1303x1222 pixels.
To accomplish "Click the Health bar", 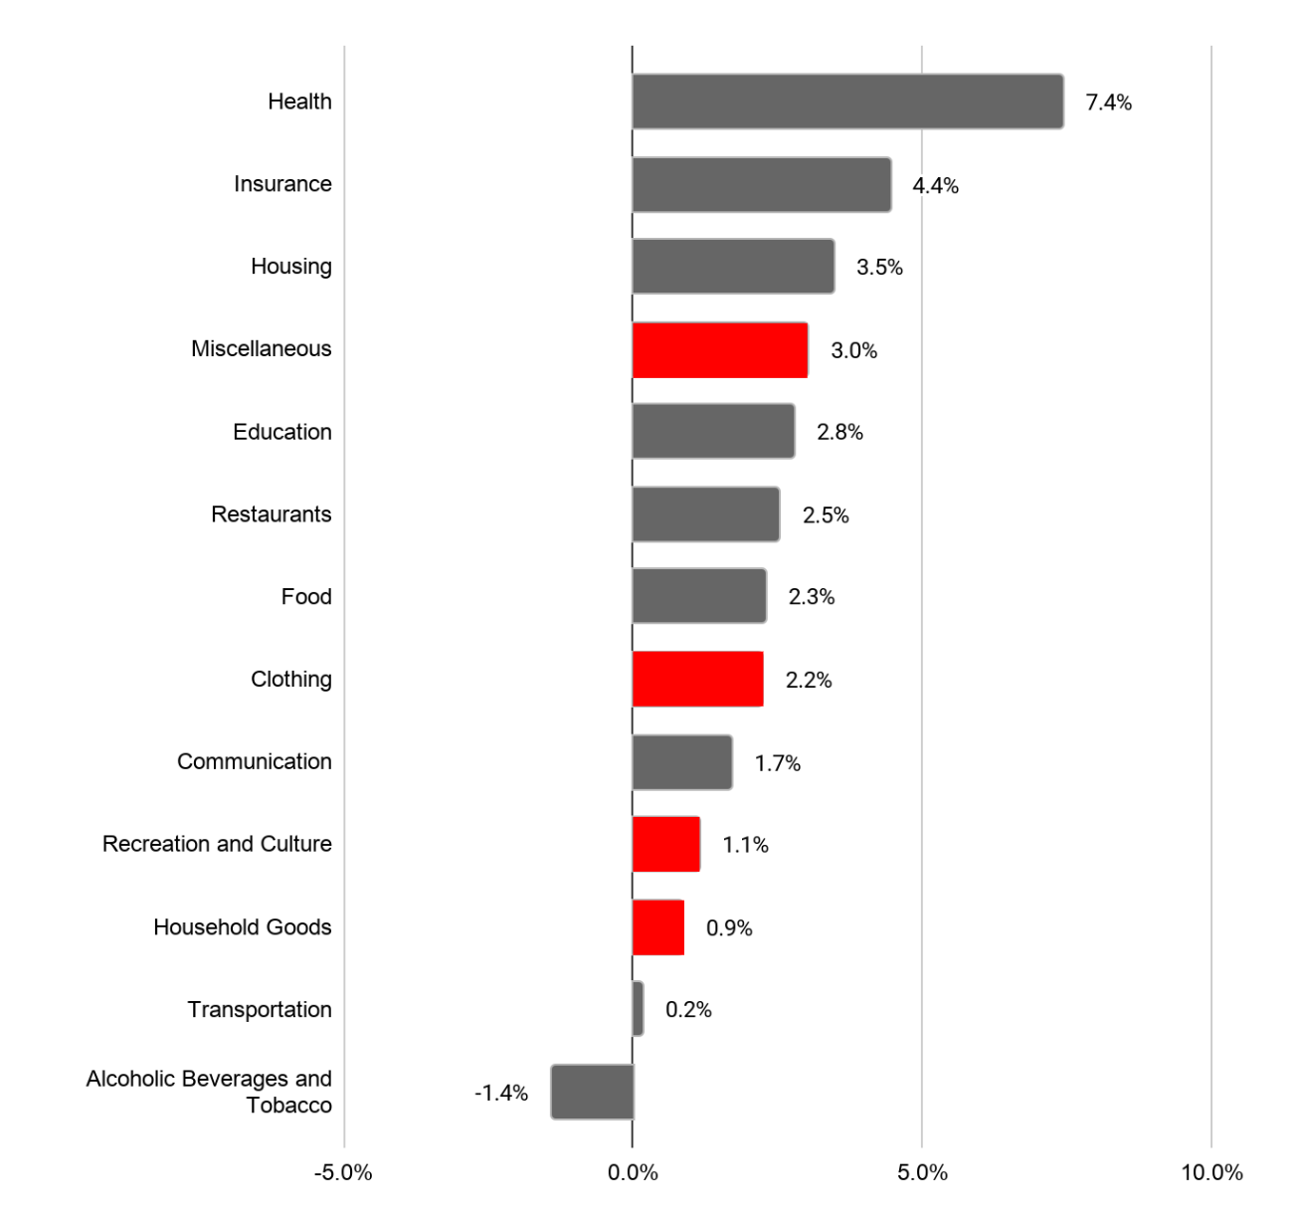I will point(847,102).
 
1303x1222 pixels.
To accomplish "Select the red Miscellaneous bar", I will point(720,350).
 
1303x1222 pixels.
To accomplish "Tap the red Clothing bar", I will point(698,680).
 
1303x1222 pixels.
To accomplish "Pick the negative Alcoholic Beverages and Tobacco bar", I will point(593,1092).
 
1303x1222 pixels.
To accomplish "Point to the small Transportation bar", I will point(638,1009).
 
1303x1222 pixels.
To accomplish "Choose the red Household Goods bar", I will point(658,927).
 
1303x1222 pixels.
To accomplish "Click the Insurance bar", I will point(762,184).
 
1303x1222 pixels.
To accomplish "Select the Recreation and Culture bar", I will point(666,844).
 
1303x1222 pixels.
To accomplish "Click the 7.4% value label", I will point(1108,102).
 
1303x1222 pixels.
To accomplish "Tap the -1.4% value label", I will point(501,1093).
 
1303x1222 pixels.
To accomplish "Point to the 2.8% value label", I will point(839,432).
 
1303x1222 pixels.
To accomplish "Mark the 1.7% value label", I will point(777,763).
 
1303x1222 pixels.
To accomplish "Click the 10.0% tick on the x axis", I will point(1211,1172).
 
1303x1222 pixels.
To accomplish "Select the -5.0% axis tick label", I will point(343,1172).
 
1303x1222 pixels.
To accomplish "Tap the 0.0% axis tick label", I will point(633,1172).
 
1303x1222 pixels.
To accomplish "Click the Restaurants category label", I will point(271,514).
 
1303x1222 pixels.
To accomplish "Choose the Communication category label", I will point(254,761).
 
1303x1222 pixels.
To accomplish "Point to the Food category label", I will point(306,596).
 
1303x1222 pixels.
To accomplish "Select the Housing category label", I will point(290,266).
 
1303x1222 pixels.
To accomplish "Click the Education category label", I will point(281,432).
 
